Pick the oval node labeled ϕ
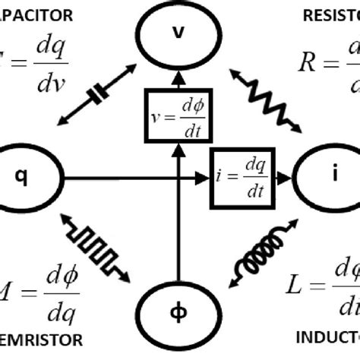[179, 312]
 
